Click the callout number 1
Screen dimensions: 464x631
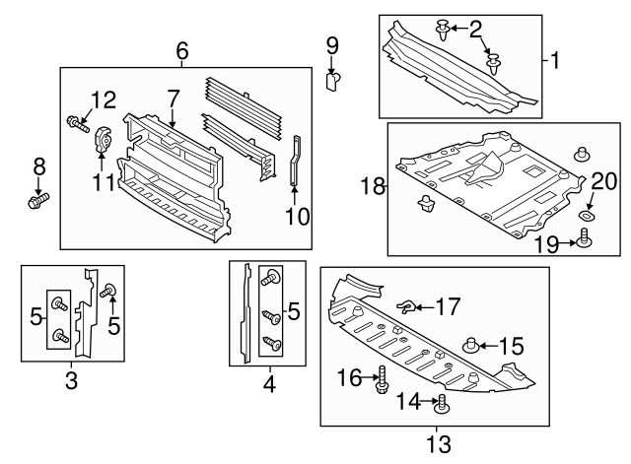(554, 60)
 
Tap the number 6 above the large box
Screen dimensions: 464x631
(182, 51)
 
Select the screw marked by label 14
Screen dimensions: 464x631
(443, 401)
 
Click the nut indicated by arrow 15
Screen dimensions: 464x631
(471, 345)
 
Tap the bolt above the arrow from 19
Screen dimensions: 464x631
(585, 235)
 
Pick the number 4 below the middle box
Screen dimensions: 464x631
(268, 378)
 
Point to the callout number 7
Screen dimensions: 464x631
(173, 99)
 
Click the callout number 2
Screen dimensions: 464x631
(476, 30)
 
